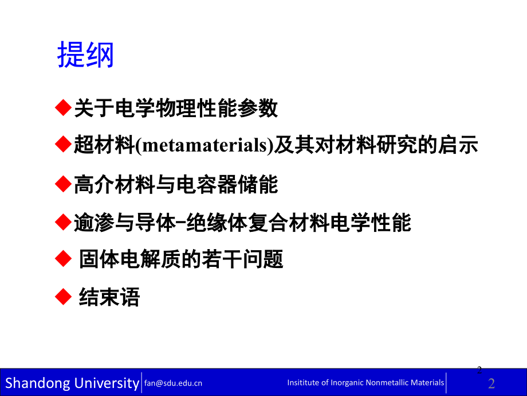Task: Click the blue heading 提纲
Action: (x=86, y=56)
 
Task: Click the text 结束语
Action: (x=109, y=298)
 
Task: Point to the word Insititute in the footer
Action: (x=303, y=383)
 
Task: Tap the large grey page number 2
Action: (x=491, y=383)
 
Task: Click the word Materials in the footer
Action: (x=427, y=383)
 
